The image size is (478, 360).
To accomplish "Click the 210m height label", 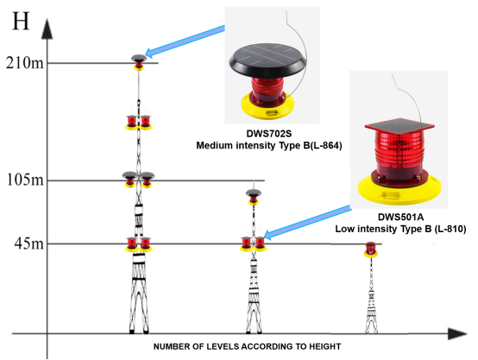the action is pyautogui.click(x=25, y=63).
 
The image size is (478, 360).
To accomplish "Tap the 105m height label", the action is pyautogui.click(x=25, y=180).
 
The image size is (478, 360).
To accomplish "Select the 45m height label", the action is pyautogui.click(x=29, y=243).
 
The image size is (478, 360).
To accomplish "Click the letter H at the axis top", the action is pyautogui.click(x=21, y=21).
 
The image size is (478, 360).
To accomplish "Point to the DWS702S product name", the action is pyautogui.click(x=269, y=134).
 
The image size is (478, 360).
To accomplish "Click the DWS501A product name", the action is pyautogui.click(x=400, y=217).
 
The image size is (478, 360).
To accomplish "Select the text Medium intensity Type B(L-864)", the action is pyautogui.click(x=269, y=146).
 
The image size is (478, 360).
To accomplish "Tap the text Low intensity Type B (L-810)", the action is pyautogui.click(x=400, y=229).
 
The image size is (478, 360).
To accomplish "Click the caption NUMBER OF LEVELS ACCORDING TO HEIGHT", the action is pyautogui.click(x=248, y=346).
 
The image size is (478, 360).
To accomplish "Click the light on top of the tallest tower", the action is pyautogui.click(x=139, y=62).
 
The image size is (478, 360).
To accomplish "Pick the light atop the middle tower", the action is pyautogui.click(x=254, y=197).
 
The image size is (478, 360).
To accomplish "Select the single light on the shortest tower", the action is pyautogui.click(x=371, y=249).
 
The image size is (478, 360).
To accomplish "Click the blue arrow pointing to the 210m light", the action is pyautogui.click(x=185, y=41).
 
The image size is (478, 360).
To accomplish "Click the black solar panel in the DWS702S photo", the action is pyautogui.click(x=267, y=60).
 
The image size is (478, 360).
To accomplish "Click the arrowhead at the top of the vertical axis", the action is pyautogui.click(x=47, y=28).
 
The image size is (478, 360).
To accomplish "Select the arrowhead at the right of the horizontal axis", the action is pyautogui.click(x=457, y=334).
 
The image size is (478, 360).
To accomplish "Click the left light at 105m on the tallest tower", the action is pyautogui.click(x=130, y=180).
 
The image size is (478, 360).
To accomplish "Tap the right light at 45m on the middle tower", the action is pyautogui.click(x=260, y=243).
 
